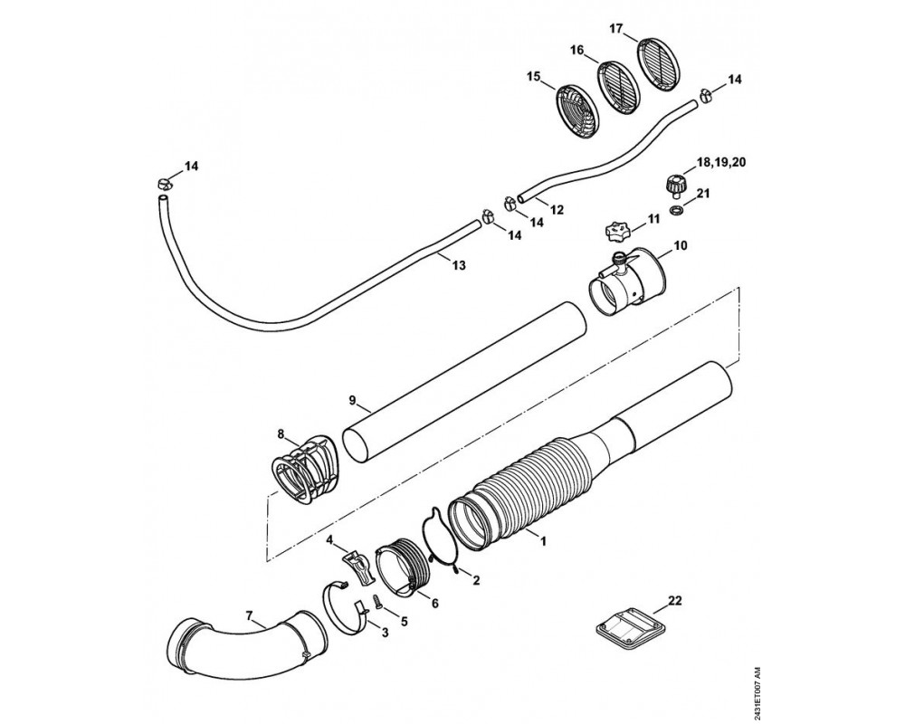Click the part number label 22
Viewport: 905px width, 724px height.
675,601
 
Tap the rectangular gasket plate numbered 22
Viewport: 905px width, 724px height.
629,633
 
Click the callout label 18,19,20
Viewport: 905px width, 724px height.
721,163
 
